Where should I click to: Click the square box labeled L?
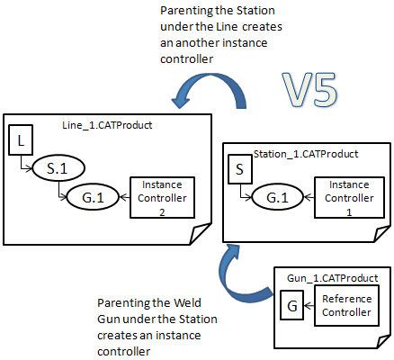pos(21,139)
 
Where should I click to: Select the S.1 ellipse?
pos(58,168)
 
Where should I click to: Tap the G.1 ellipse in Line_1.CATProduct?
pos(93,197)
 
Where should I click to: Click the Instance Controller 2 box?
pos(162,197)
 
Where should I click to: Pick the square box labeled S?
pos(240,169)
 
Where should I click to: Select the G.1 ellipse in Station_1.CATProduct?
pos(278,197)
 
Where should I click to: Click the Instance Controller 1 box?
pos(349,197)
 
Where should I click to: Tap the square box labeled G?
pos(292,305)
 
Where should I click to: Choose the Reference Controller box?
pos(346,306)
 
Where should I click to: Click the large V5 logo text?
pos(310,90)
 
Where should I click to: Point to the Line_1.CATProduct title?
pos(107,125)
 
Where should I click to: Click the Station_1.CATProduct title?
pos(306,154)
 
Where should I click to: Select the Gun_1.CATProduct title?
pos(333,278)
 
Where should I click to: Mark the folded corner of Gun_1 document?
pos(383,342)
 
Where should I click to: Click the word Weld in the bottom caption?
pos(187,302)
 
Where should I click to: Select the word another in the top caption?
pos(197,43)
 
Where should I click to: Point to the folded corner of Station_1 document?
pos(381,234)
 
